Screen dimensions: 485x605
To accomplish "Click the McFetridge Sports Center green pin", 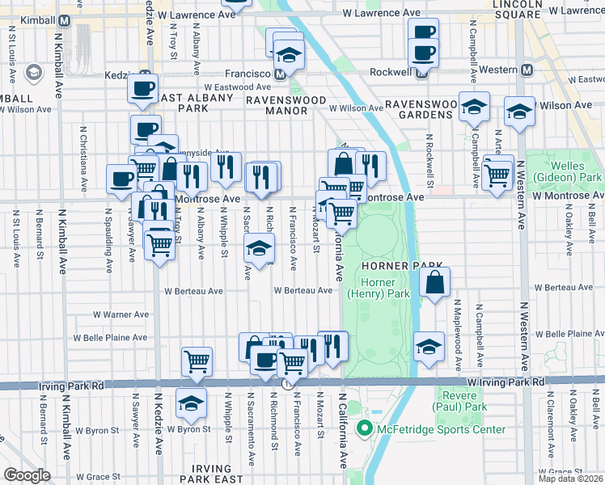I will point(365,429).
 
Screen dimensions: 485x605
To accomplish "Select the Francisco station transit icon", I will point(280,74).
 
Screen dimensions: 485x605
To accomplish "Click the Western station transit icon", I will point(527,70).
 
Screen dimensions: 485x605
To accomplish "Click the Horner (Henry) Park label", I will point(378,287).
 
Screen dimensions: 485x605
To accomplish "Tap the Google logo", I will point(27,475).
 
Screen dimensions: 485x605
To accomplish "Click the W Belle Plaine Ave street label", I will point(110,338).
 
